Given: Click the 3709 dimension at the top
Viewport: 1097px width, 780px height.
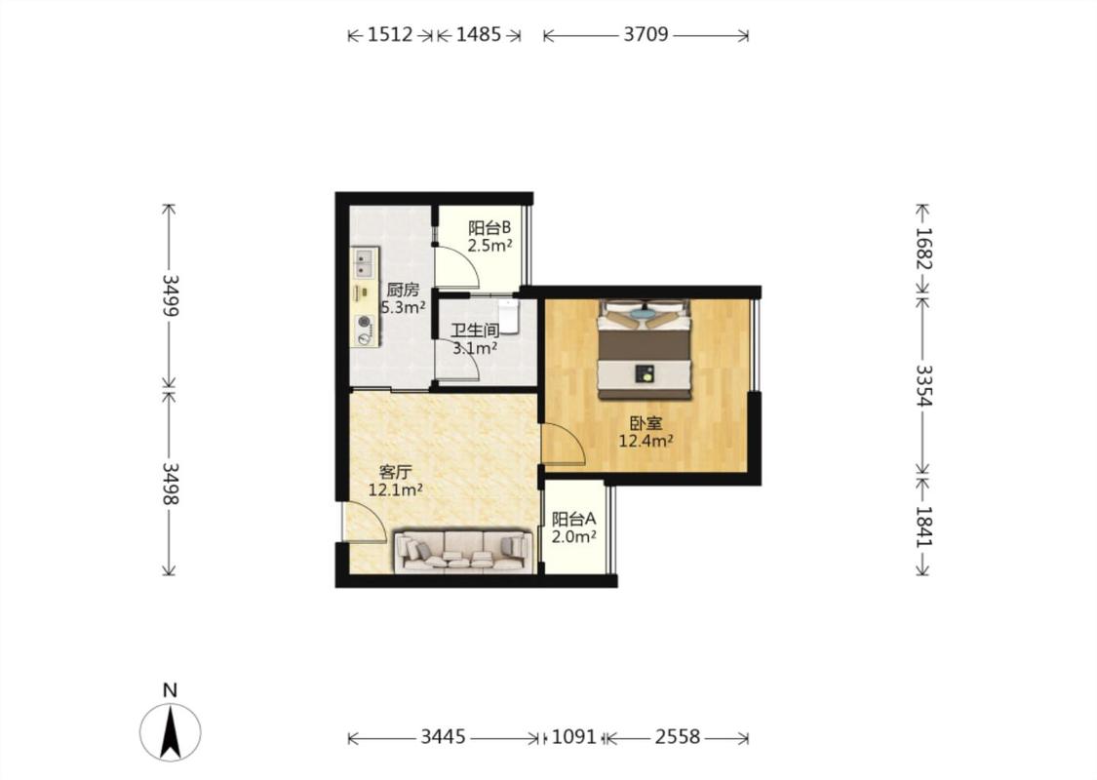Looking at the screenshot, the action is coord(646,34).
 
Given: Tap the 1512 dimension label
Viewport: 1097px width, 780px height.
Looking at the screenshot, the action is coord(390,34).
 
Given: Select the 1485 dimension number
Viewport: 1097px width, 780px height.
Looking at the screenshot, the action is coord(479,34).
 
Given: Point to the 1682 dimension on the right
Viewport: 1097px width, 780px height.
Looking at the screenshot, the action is coord(924,249).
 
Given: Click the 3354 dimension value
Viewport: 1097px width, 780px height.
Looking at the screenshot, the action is coord(924,385).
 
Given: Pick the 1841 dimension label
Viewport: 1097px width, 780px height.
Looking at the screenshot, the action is coord(924,526).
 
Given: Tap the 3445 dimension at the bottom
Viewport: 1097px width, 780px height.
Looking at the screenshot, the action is coord(444,737).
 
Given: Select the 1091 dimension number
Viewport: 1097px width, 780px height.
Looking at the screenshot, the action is coord(573,737).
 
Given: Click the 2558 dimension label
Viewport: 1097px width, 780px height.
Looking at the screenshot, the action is coord(678,737).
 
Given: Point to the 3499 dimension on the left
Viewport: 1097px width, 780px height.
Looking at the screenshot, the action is coord(170,294).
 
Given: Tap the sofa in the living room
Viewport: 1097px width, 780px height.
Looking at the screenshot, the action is coord(462,551).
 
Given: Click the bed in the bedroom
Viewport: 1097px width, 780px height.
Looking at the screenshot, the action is coord(645,350).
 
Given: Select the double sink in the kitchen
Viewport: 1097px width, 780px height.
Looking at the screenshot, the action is coord(365,261).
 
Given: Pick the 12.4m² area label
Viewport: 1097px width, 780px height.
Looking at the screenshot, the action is coord(646,441).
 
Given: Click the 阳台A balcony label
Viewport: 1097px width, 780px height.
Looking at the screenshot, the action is coord(573,519).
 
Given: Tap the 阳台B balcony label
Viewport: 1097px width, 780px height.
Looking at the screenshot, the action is coord(490,228).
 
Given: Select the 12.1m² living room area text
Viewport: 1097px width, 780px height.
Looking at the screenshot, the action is coord(395,489).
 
